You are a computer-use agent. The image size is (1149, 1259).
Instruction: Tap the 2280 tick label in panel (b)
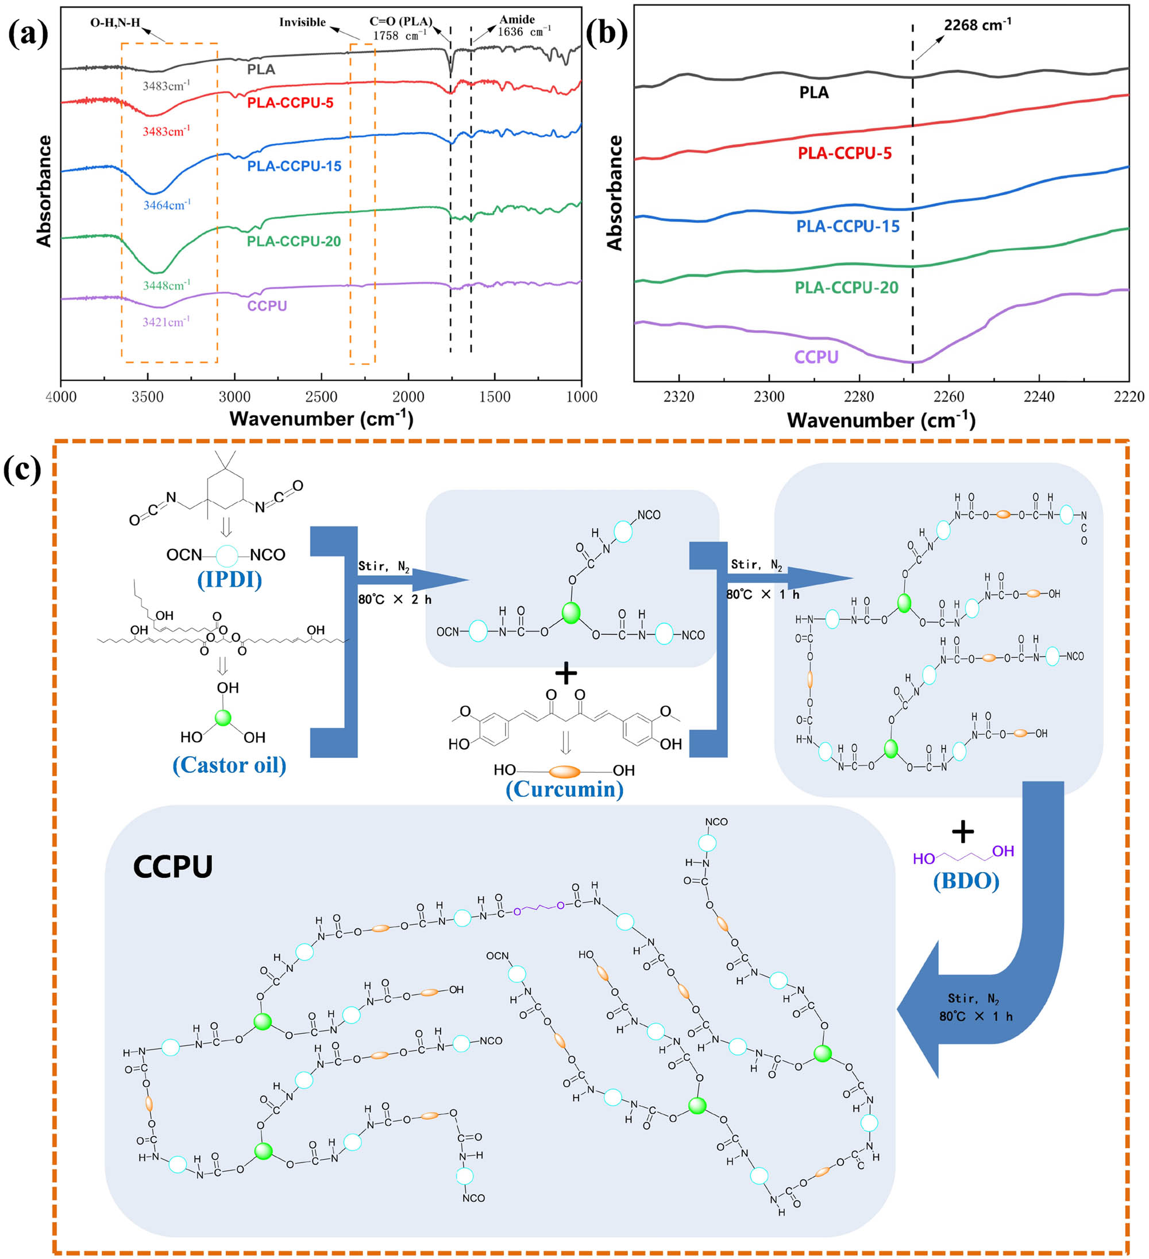click(858, 397)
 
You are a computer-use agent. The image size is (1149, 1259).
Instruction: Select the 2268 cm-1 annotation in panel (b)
click(977, 26)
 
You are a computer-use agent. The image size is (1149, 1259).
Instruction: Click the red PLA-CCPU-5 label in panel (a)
click(290, 102)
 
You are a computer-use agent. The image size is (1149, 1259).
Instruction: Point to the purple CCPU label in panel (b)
click(816, 357)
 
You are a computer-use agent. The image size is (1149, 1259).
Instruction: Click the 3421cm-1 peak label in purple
click(166, 322)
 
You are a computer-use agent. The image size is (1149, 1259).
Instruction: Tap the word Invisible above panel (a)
click(302, 22)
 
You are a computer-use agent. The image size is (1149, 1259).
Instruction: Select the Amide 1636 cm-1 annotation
click(523, 26)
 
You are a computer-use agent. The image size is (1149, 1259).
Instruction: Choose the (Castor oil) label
click(229, 765)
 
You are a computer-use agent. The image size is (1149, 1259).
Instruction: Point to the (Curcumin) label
click(564, 789)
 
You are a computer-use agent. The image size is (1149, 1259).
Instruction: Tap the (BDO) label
click(966, 881)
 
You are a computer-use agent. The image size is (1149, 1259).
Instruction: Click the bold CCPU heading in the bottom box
click(173, 866)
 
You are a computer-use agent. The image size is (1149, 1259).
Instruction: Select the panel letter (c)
click(22, 469)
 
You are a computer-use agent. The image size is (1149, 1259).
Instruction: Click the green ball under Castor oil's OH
click(223, 718)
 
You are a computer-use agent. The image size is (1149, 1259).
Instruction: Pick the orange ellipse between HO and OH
click(564, 772)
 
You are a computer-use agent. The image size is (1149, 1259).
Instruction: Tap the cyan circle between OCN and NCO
click(226, 555)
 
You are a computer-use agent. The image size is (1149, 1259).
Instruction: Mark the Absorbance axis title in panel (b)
click(615, 193)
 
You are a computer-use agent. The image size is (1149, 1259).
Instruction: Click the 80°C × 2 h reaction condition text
click(395, 599)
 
